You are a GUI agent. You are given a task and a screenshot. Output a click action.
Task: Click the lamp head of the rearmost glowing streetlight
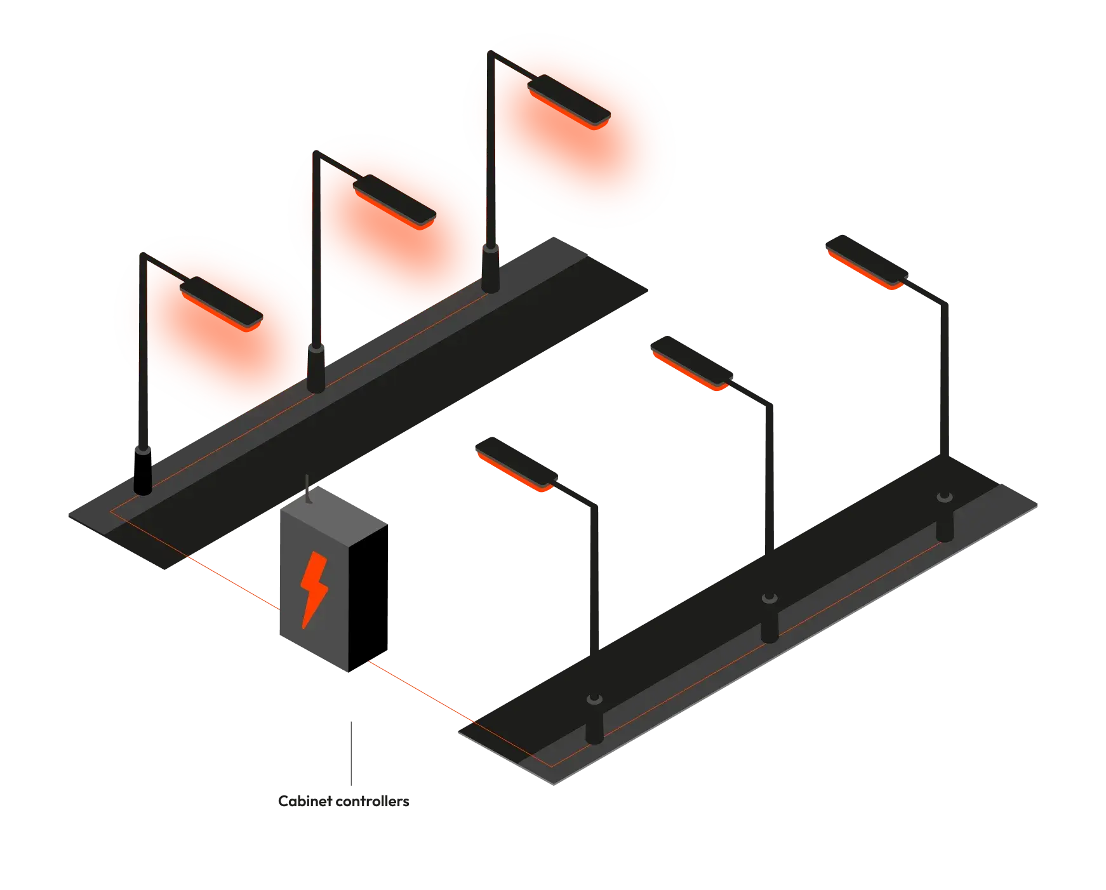click(x=569, y=99)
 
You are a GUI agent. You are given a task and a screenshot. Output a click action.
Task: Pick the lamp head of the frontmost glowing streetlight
click(x=221, y=300)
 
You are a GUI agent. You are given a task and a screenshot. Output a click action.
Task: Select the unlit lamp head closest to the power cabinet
click(x=514, y=467)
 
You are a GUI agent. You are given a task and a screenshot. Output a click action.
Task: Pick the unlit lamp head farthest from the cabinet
click(x=865, y=262)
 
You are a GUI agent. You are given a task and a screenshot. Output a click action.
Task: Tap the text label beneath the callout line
click(x=343, y=802)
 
